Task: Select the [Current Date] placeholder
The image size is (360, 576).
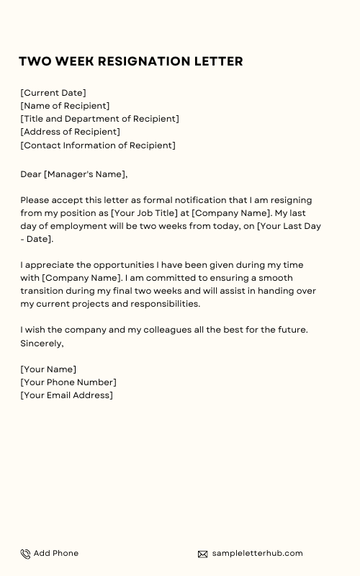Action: (x=53, y=93)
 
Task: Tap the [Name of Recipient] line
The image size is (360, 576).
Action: (x=66, y=106)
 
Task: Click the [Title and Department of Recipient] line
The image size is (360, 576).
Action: (x=100, y=119)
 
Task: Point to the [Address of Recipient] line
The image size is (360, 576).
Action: (x=71, y=132)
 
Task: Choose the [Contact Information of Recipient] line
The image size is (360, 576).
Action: (x=98, y=145)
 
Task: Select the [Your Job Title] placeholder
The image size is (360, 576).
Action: (x=145, y=213)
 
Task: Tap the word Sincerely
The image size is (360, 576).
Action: (x=42, y=343)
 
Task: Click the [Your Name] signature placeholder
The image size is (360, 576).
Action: (x=48, y=369)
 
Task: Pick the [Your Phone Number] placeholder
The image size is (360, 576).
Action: (x=68, y=382)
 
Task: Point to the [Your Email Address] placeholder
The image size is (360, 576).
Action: (x=67, y=395)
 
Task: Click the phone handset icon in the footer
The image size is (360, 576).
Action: (x=25, y=554)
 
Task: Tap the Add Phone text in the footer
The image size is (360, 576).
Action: (x=56, y=553)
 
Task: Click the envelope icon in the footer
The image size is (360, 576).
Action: (x=203, y=554)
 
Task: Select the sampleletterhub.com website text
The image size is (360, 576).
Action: (x=257, y=553)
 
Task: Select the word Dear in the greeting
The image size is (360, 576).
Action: (x=31, y=174)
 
